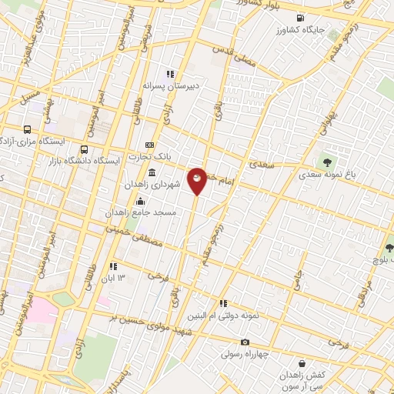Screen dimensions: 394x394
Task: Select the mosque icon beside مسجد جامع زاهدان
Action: [x=139, y=202]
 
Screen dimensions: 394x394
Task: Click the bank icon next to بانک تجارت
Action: [x=149, y=145]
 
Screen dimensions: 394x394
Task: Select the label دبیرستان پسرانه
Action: [x=170, y=86]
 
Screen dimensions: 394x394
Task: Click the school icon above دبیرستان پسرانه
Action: [x=170, y=74]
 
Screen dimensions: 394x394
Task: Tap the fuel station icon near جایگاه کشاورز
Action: [x=299, y=18]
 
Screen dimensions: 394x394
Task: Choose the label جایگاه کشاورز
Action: [x=303, y=30]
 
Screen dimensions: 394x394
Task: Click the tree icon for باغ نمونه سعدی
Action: [x=328, y=162]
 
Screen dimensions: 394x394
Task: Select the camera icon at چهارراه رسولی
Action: [x=245, y=342]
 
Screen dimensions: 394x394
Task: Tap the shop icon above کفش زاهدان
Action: [x=301, y=363]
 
